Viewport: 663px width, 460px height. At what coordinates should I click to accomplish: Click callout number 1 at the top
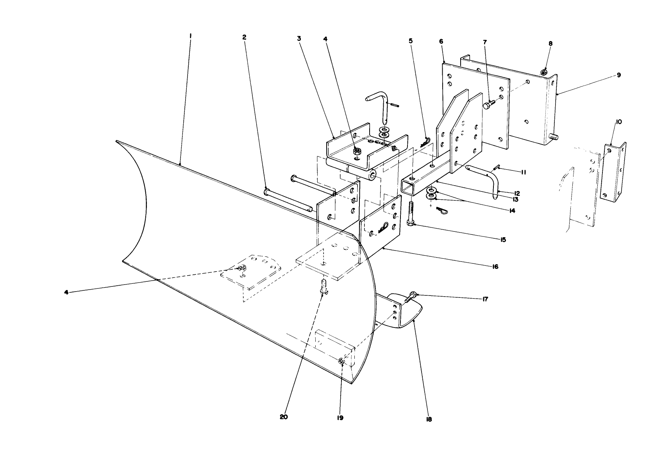click(190, 36)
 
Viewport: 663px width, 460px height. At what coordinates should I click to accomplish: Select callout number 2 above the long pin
click(244, 38)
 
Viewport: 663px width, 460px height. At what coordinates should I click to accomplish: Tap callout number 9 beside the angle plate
click(618, 75)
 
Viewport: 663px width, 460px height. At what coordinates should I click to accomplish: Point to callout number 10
click(619, 122)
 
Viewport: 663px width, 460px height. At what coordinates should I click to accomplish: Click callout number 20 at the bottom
click(284, 417)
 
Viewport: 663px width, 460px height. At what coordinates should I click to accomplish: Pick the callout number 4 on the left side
click(66, 292)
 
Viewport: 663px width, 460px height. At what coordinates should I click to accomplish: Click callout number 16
click(495, 267)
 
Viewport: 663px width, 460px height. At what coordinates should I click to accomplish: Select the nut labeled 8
click(543, 72)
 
